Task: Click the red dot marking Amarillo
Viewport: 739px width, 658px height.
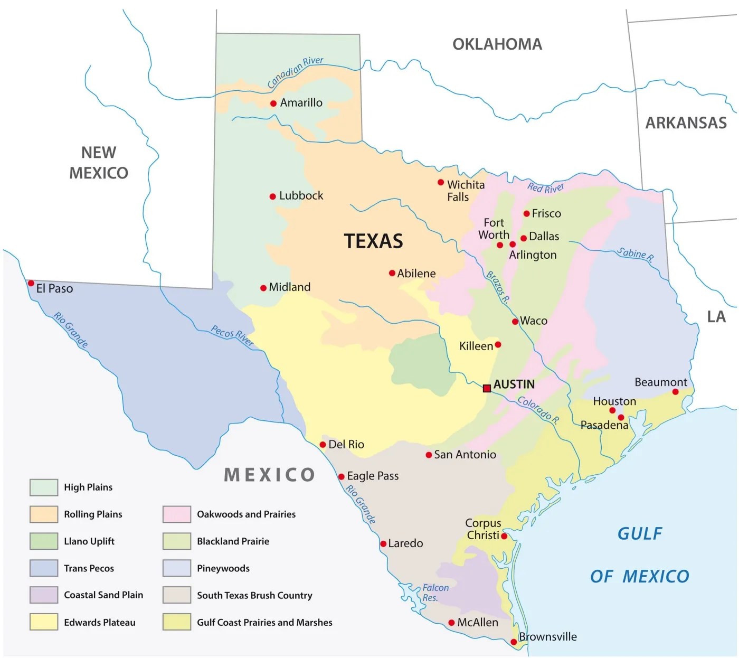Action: coord(273,104)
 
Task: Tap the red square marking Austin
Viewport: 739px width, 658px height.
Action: coord(487,388)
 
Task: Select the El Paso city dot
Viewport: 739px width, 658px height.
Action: coord(31,284)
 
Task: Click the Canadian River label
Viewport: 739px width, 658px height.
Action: coord(295,72)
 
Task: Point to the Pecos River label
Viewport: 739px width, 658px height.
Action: coord(232,335)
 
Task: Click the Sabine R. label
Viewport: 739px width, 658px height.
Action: coord(636,255)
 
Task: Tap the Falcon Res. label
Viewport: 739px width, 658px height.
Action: coord(435,593)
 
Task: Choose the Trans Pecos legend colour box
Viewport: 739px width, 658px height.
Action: coord(44,568)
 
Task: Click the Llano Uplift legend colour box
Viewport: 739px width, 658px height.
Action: coord(44,541)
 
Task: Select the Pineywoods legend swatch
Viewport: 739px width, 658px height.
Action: coord(177,568)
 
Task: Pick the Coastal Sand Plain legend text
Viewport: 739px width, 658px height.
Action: coord(103,595)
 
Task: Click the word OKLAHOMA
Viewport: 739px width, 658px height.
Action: coord(497,44)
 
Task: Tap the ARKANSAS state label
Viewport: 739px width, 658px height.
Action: coord(686,123)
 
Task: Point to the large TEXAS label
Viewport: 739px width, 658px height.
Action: coord(374,241)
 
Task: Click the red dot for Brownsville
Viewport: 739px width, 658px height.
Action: coord(514,642)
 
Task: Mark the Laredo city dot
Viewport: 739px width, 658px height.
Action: coord(383,544)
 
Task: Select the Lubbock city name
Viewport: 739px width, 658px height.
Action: coord(301,196)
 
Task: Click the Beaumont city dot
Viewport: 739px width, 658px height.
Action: coord(675,392)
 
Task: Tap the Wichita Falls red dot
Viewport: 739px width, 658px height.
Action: coord(441,183)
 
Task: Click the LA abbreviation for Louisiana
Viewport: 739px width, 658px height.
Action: coord(716,317)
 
